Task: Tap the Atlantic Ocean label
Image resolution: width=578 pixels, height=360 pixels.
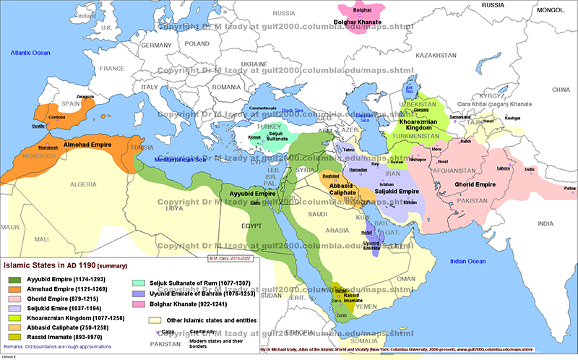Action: pos(30,53)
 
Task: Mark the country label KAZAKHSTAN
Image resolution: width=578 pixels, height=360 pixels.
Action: pos(433,56)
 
